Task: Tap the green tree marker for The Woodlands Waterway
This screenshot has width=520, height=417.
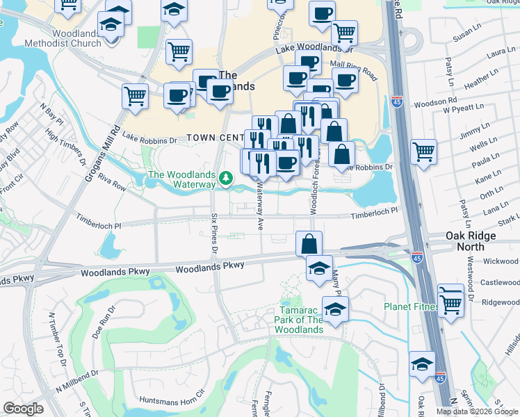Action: [225, 179]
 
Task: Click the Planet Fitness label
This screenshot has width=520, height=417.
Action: [409, 306]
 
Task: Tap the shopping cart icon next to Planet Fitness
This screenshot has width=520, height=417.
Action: [450, 301]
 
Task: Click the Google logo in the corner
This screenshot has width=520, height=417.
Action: [23, 409]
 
